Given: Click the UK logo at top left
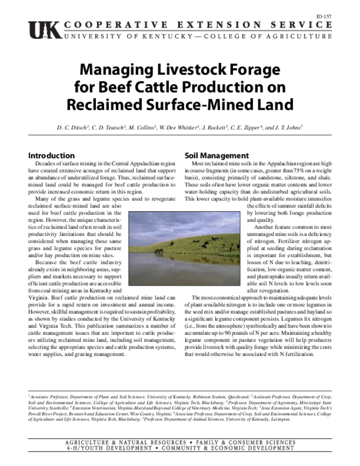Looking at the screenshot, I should tap(44, 30).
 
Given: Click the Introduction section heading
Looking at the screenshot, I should tap(51, 156).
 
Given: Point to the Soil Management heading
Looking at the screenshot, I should tap(217, 156).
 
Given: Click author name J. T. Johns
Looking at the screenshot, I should tap(289, 128).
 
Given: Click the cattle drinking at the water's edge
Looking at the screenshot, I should tap(158, 251).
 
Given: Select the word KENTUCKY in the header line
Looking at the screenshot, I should tap(145, 36).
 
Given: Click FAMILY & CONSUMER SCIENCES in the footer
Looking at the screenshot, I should tap(246, 442).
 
